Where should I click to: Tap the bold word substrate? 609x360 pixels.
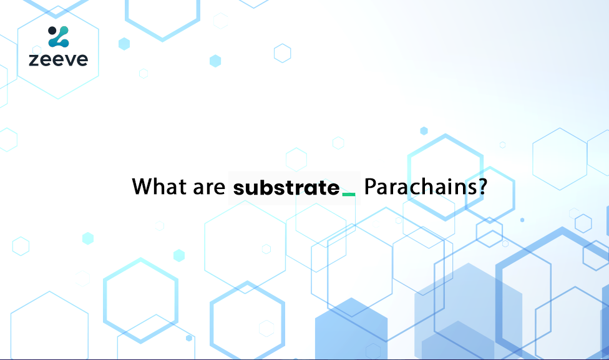[x=286, y=187]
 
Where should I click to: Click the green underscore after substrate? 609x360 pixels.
[x=349, y=194]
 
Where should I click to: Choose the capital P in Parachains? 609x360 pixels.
[x=369, y=187]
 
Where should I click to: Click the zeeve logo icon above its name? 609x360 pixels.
[x=59, y=37]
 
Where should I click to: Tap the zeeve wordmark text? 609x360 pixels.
[x=58, y=60]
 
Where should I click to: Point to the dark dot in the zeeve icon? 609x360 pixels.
[x=52, y=30]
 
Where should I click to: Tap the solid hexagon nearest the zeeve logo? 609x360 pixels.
[x=124, y=44]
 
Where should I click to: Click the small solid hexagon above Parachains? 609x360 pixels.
[x=424, y=130]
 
